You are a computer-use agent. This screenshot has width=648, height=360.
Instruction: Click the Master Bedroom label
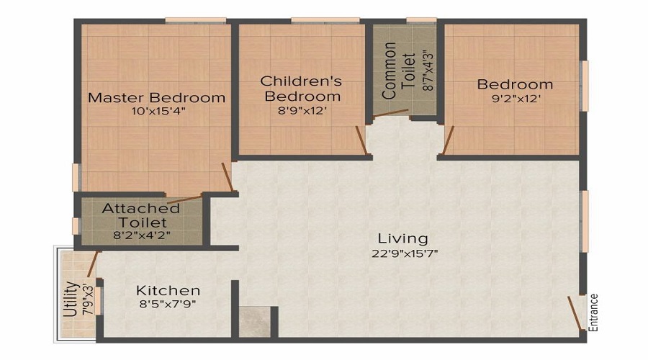156,98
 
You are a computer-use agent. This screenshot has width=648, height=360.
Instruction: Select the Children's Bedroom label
301,88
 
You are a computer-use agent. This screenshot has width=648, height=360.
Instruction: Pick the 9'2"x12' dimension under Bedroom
515,99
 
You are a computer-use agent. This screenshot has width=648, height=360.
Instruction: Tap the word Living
403,238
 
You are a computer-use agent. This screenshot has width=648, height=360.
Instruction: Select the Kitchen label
168,291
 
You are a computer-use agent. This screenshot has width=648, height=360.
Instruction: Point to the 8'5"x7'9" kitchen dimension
167,304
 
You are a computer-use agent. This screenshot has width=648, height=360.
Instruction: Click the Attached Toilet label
141,216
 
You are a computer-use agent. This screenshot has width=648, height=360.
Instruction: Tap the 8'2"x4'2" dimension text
142,235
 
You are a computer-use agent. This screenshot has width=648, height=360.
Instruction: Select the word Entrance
594,311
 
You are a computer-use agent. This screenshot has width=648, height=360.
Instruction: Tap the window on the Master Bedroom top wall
188,19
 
